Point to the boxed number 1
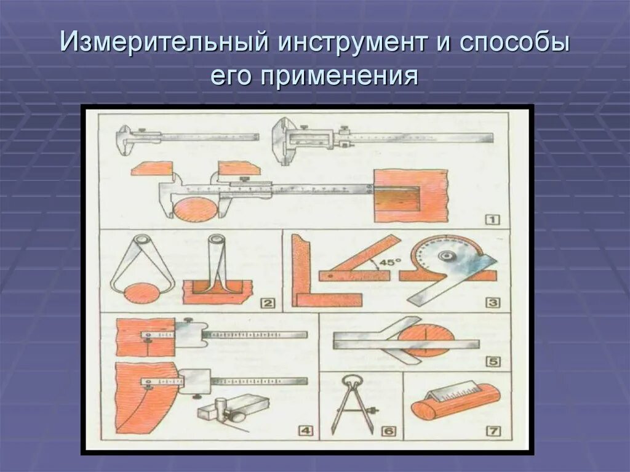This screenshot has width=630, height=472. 493,219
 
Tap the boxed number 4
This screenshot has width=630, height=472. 306,431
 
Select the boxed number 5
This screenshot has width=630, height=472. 493,362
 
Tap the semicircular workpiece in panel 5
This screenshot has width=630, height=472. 425,338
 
